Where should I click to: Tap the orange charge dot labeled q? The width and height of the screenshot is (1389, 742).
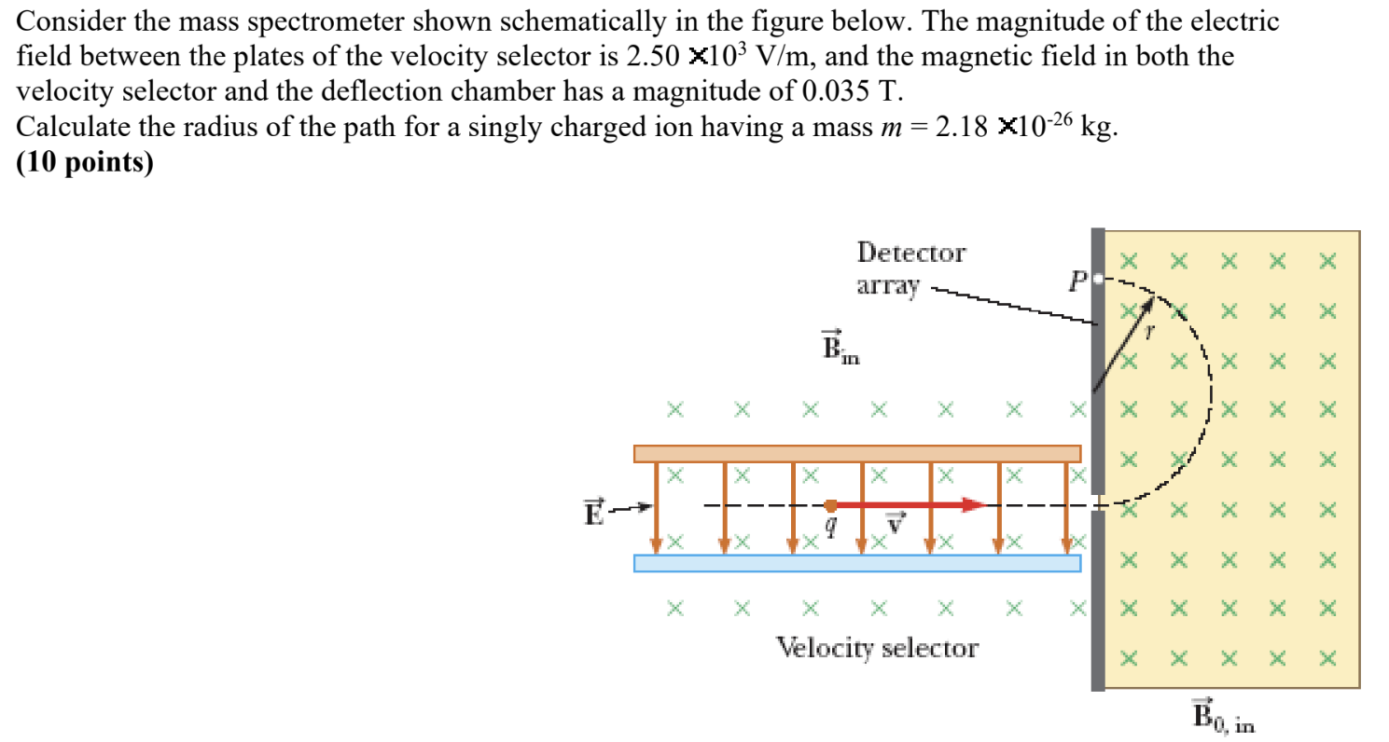830,505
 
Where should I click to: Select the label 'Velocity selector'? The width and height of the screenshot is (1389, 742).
878,647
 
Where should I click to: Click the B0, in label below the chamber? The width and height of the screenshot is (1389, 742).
1223,715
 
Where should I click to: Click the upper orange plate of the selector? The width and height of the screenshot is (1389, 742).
856,453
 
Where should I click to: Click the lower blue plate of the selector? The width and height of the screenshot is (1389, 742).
856,563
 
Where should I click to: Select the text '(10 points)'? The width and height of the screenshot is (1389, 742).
85,160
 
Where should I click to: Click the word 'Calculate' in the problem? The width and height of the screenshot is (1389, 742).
77,127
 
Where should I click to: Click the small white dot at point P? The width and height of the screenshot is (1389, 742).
1099,278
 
